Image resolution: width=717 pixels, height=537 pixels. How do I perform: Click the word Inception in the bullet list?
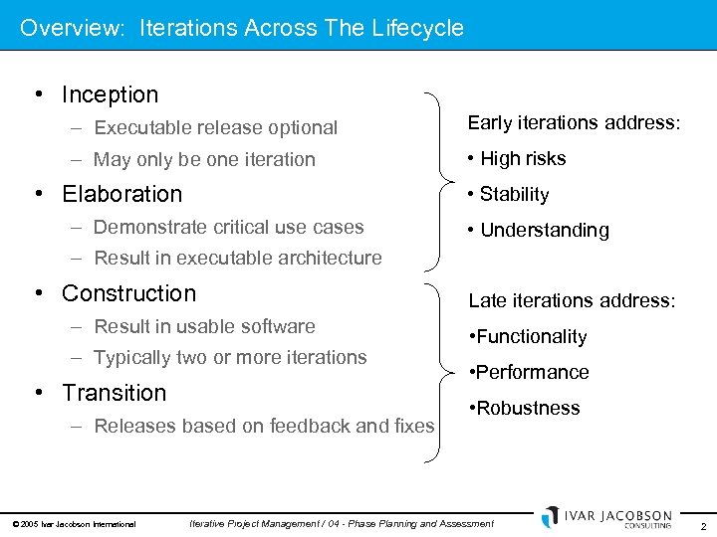tap(110, 94)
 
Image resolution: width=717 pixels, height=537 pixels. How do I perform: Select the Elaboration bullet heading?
tap(121, 194)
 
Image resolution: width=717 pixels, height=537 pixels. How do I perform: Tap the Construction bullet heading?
tap(128, 293)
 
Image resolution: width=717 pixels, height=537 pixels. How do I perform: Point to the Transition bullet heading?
tap(114, 393)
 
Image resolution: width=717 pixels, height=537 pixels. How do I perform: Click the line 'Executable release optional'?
tap(215, 127)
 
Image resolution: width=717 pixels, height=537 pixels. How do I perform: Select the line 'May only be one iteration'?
tap(204, 159)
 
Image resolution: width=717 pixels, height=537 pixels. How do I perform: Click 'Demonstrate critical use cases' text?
tap(228, 227)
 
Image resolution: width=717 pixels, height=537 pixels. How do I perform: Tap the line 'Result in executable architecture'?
tap(238, 258)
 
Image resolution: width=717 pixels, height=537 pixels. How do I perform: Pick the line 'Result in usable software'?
tap(204, 326)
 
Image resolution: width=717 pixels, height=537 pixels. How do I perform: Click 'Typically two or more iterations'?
tap(230, 357)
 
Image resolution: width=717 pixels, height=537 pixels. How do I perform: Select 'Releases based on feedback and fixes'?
tap(264, 426)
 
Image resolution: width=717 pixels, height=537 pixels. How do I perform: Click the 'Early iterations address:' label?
tap(575, 122)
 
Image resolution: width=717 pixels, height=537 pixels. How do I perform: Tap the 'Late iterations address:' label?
tap(572, 300)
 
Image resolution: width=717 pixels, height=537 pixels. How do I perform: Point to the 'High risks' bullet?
tap(523, 158)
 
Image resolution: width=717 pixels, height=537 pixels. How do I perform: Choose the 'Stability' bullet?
tap(514, 194)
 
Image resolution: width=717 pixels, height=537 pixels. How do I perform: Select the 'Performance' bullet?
tap(533, 372)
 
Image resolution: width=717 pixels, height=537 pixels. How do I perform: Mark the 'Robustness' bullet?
tap(528, 408)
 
